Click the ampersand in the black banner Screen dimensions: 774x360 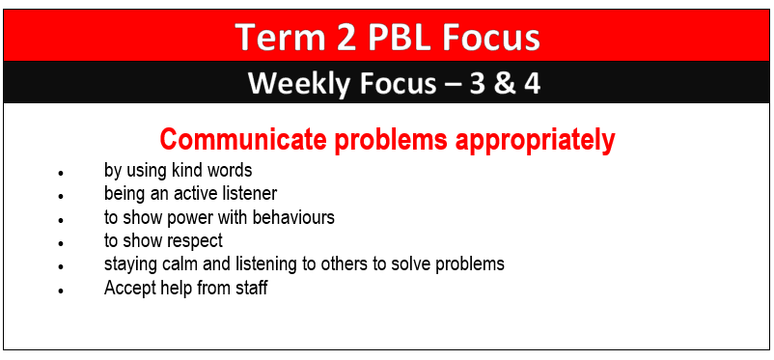[504, 83]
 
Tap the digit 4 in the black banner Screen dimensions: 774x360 [532, 83]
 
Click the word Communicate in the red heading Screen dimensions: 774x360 [243, 140]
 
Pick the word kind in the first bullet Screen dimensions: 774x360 [186, 170]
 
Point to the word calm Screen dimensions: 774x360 [178, 264]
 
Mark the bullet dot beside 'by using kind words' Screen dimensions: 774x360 [61, 174]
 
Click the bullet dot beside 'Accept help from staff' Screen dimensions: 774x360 [61, 291]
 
